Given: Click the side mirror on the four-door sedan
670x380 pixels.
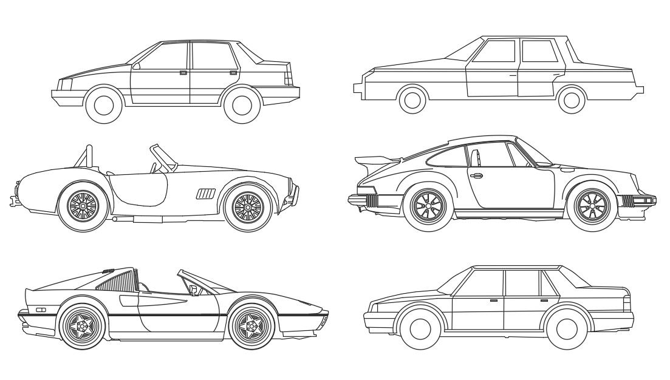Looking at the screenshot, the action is click(136, 66).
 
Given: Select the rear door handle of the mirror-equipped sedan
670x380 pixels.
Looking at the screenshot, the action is click(233, 72).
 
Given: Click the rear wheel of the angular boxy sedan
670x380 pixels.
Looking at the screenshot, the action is click(571, 99).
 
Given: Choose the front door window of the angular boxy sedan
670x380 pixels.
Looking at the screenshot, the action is click(496, 51).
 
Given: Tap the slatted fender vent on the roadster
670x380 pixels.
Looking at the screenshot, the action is click(205, 194).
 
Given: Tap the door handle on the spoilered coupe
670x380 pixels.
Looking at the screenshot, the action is click(476, 176).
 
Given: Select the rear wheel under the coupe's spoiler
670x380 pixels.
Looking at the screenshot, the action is click(428, 206).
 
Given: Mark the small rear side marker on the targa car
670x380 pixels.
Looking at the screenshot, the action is click(41, 310).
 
